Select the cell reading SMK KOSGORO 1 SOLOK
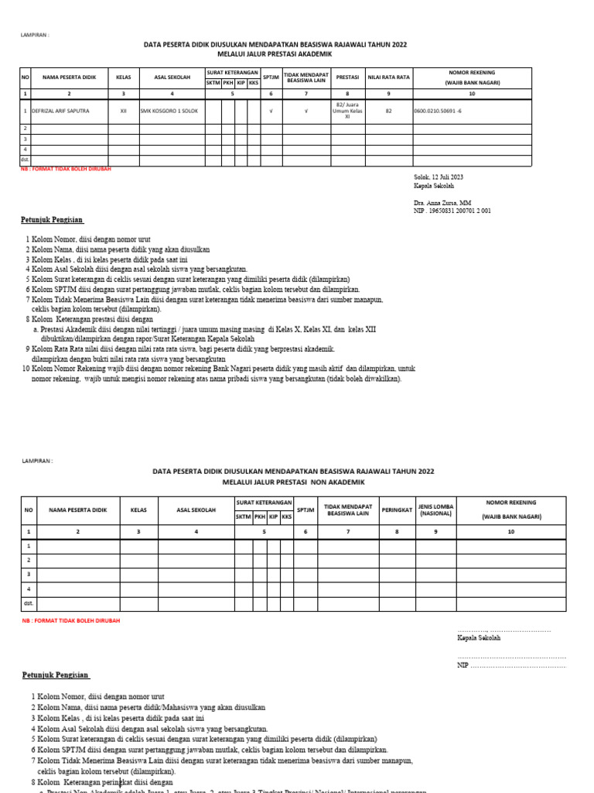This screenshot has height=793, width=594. coord(169,112)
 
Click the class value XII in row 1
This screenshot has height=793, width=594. coord(123,112)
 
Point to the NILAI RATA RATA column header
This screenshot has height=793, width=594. coord(388,77)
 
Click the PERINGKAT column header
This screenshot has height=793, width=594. coord(396,510)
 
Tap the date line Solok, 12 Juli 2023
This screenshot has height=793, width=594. coord(439,177)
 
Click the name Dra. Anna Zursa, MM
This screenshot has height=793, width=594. coord(442,202)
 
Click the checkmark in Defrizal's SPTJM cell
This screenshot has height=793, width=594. coord(271,112)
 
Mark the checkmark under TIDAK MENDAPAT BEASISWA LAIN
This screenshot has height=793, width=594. coord(306,112)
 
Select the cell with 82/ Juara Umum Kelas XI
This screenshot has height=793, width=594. coord(346,112)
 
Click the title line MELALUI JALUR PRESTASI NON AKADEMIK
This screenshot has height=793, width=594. coord(293,482)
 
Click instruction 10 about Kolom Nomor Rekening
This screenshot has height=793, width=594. coord(217,369)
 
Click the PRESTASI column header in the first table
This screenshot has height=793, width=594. coord(346,77)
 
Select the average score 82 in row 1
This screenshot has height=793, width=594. coord(388,112)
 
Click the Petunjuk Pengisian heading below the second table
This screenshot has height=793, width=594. coord(56,675)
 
